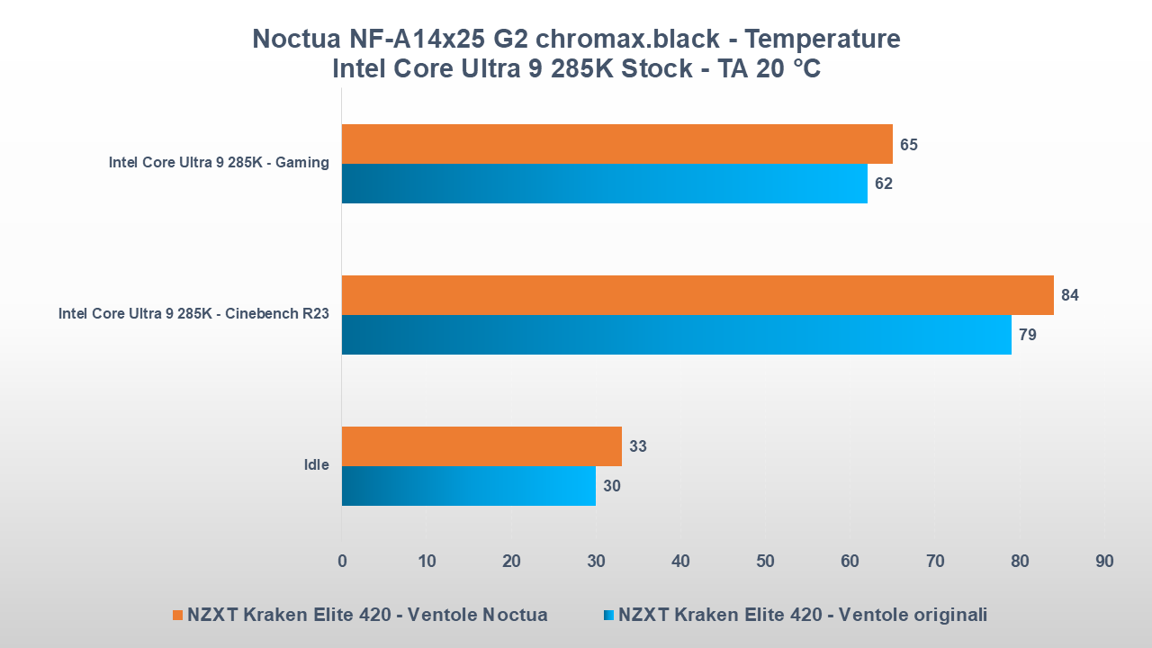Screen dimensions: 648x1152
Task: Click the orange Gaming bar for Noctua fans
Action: click(616, 144)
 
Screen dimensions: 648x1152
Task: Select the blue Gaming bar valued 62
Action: click(604, 184)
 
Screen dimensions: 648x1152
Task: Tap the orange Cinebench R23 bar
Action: click(697, 295)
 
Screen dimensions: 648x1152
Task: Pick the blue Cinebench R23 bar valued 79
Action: click(676, 335)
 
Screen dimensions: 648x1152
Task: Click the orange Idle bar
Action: click(481, 445)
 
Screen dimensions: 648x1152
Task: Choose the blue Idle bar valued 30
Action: click(469, 486)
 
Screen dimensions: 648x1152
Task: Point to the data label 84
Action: click(1070, 295)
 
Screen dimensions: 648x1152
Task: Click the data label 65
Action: click(909, 144)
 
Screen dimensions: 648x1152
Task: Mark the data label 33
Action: click(638, 445)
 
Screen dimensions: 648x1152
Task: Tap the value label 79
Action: click(1028, 335)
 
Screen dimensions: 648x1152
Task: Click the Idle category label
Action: click(316, 465)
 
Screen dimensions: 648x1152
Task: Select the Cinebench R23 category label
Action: click(193, 314)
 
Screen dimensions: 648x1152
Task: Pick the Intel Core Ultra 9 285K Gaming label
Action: click(219, 163)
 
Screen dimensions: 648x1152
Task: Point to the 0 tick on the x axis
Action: click(342, 562)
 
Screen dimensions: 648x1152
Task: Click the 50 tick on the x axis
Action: click(765, 562)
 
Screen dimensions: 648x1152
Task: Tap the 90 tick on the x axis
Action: click(1104, 562)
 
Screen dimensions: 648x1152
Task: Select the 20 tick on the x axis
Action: click(511, 562)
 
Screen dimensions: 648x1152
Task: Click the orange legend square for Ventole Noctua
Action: click(177, 616)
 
